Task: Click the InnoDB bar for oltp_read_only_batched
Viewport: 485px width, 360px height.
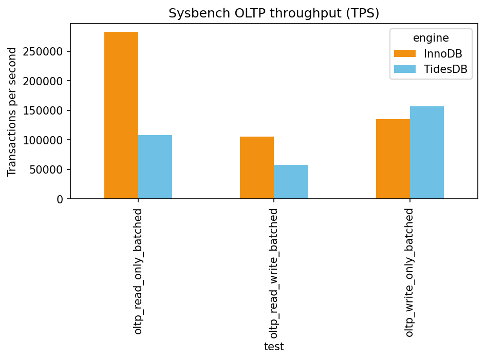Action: (x=121, y=116)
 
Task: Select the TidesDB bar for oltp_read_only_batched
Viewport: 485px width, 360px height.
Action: (x=155, y=167)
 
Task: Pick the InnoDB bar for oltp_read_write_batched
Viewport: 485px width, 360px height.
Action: (x=257, y=168)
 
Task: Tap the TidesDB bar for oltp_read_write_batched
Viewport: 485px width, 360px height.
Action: (x=291, y=182)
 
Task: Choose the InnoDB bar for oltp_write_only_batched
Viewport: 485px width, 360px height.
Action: (x=393, y=159)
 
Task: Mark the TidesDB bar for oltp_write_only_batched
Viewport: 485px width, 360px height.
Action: (x=427, y=153)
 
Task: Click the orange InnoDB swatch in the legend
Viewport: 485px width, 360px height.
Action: (x=404, y=53)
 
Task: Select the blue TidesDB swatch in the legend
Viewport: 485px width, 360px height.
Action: (x=404, y=70)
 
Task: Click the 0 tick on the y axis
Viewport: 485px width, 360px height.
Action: (x=60, y=199)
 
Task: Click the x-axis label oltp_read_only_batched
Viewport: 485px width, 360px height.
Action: (x=138, y=271)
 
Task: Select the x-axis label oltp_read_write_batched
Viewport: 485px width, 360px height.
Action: (x=274, y=272)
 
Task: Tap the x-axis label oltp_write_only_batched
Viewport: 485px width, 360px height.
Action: (x=409, y=272)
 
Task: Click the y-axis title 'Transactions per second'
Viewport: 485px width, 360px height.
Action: (x=13, y=111)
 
